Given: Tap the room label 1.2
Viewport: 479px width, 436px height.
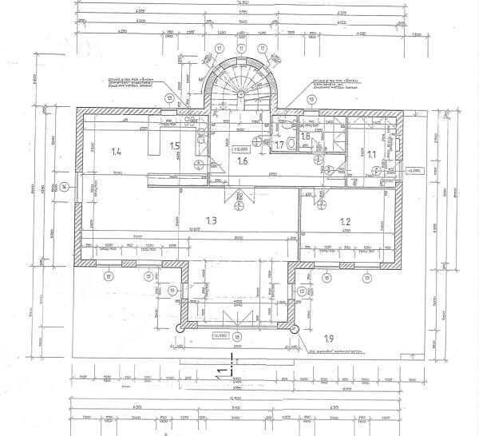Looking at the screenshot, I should [x=345, y=221].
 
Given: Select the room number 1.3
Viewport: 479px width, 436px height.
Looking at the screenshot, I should [x=212, y=220].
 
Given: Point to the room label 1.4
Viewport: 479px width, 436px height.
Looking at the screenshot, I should [x=117, y=151].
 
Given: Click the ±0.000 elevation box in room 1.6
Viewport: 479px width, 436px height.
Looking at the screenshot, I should [x=263, y=149].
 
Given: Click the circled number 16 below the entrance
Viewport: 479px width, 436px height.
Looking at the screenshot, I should [x=236, y=336].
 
